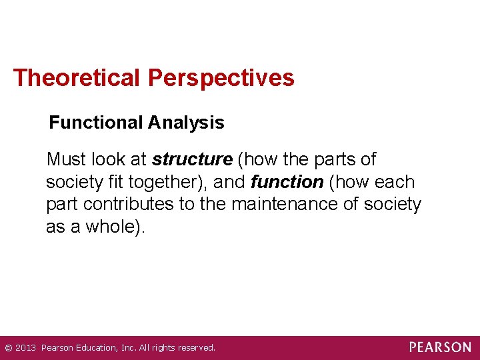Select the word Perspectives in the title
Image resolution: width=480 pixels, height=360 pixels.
(x=221, y=79)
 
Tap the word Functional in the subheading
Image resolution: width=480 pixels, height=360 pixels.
(x=96, y=123)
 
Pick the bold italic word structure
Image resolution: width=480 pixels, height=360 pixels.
(x=192, y=160)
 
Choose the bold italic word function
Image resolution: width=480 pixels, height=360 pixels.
(x=287, y=182)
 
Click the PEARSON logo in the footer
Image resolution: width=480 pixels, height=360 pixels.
(x=440, y=347)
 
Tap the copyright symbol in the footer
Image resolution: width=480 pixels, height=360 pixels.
(x=8, y=347)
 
